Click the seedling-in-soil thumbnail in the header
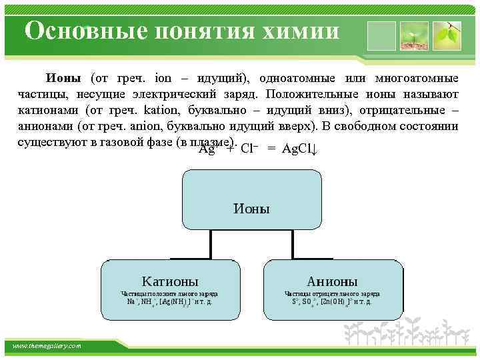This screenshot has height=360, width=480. (413, 35)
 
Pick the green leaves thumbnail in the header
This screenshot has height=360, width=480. (447, 35)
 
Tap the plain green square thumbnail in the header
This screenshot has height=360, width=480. (381, 35)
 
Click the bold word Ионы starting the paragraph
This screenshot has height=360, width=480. (63, 78)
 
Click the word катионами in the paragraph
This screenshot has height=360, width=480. (45, 109)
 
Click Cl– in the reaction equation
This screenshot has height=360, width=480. (249, 148)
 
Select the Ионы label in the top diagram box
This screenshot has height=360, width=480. (251, 209)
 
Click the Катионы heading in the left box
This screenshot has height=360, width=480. (170, 281)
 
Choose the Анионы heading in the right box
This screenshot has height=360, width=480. (332, 281)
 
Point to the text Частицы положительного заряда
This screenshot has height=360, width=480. (169, 293)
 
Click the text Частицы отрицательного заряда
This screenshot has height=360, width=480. (332, 293)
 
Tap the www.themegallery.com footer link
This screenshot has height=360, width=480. (47, 345)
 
